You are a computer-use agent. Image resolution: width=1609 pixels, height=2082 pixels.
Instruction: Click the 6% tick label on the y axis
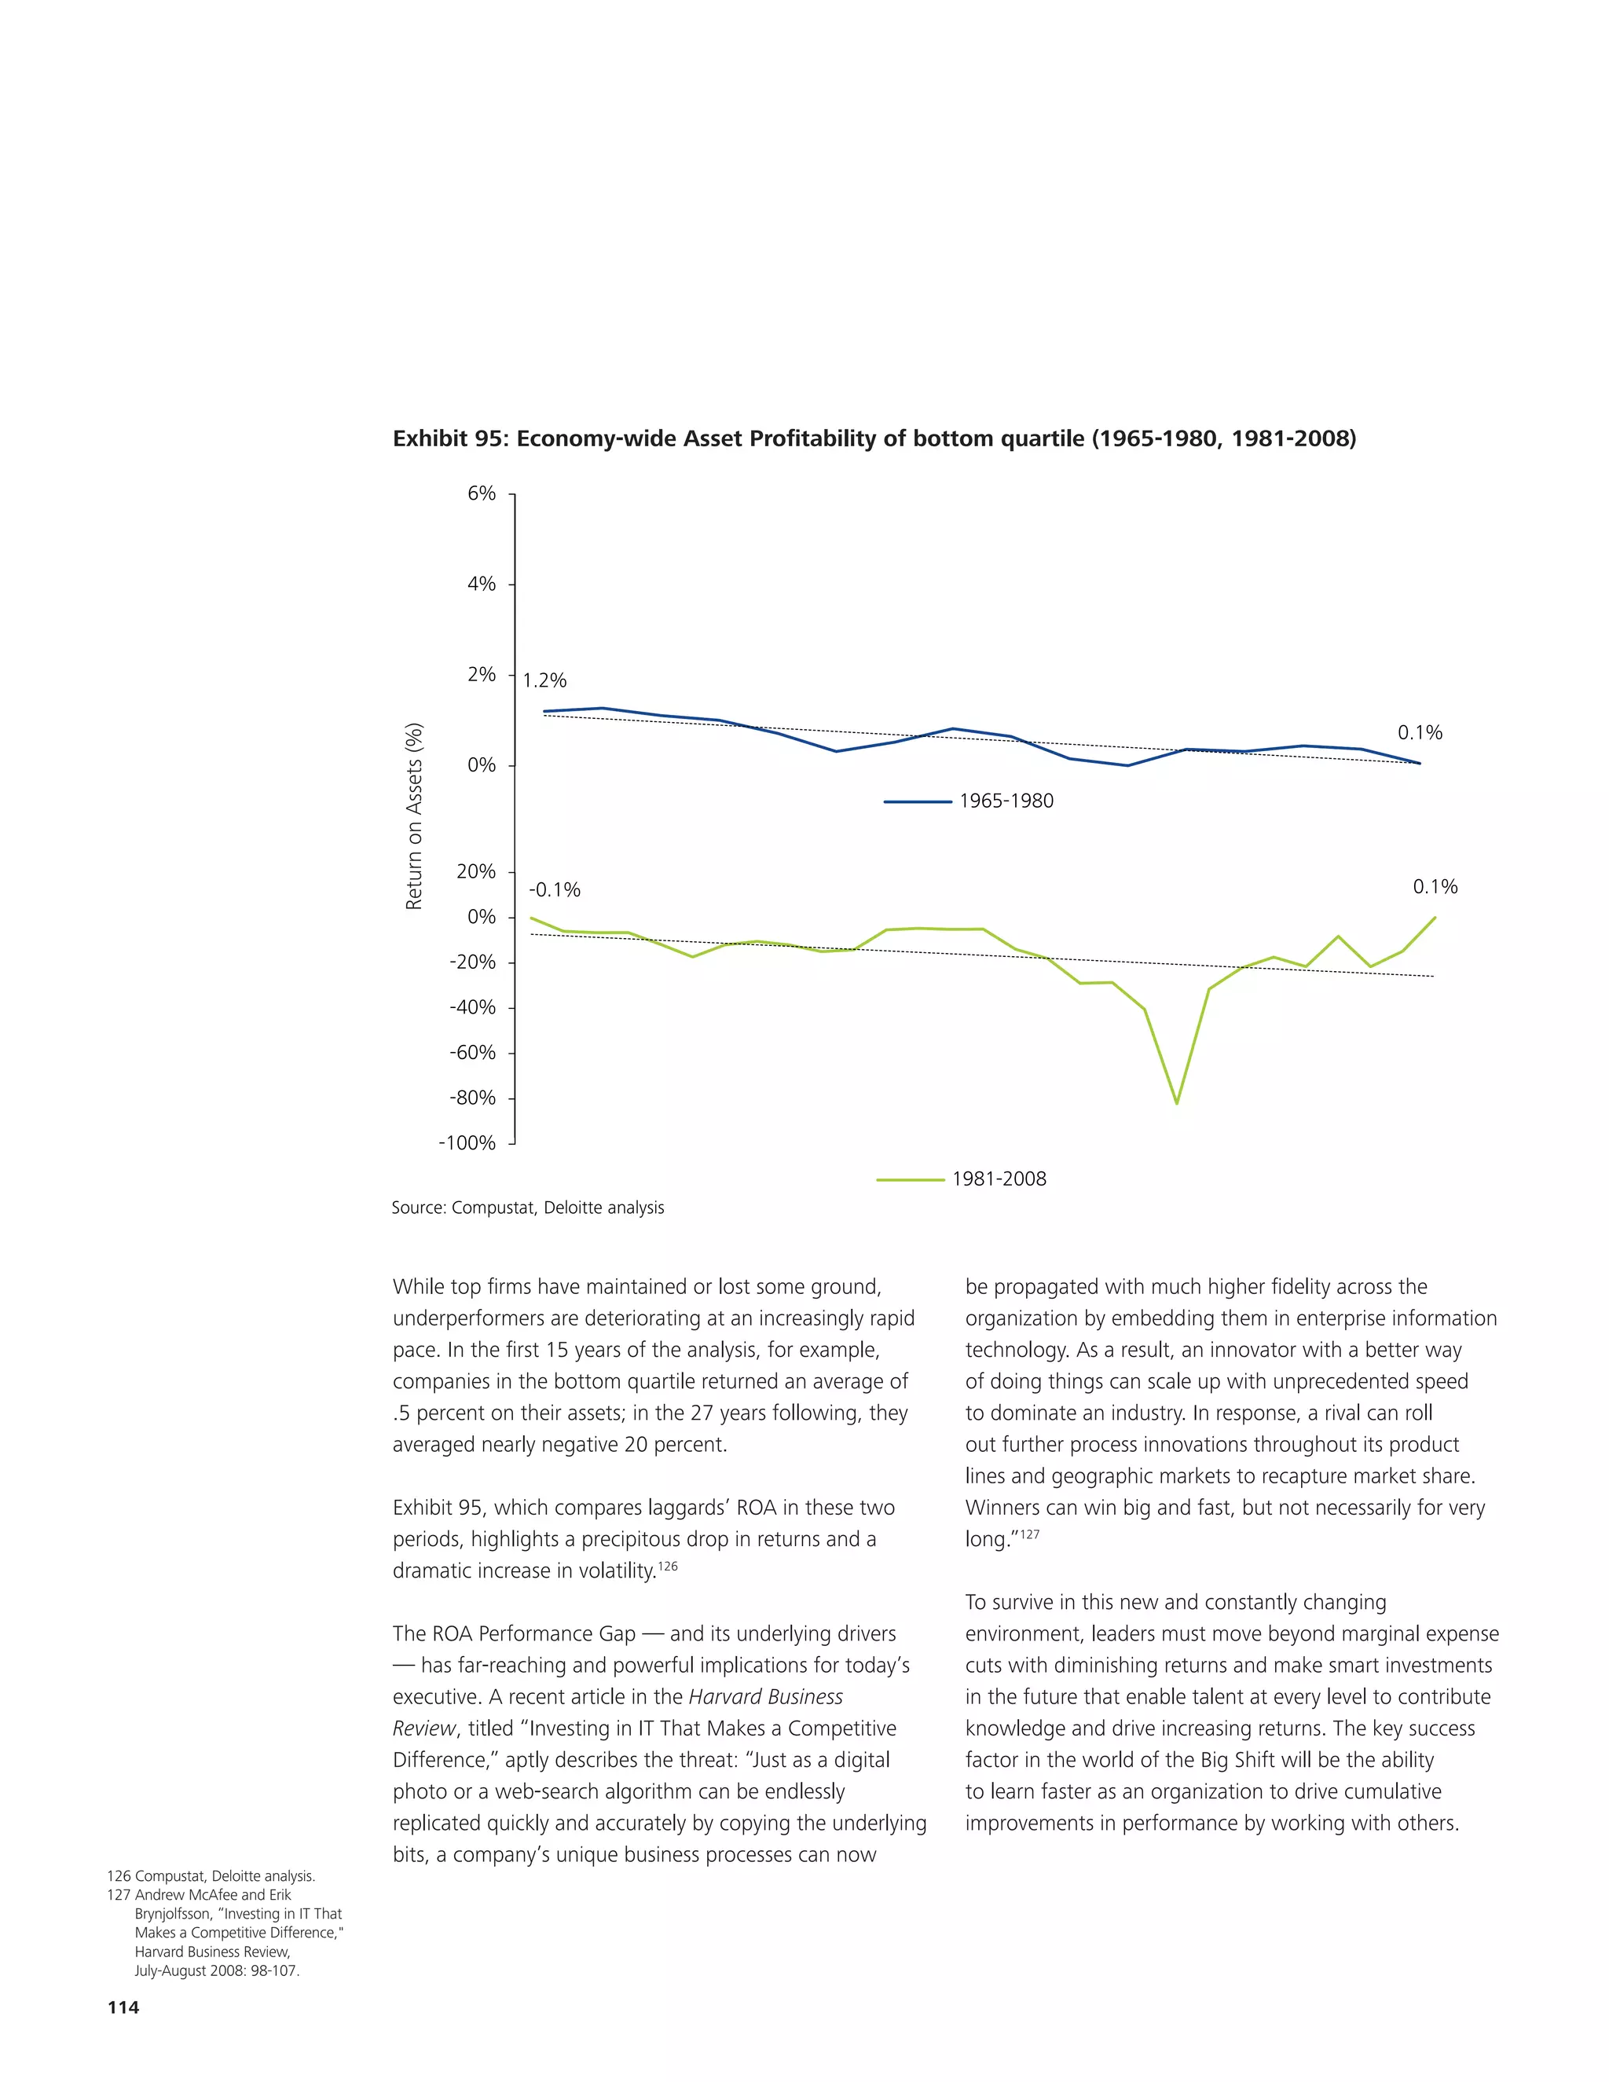[482, 494]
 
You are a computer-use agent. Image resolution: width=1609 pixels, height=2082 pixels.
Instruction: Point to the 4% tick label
[482, 585]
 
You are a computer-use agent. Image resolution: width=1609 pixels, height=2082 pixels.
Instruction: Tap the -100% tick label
[467, 1143]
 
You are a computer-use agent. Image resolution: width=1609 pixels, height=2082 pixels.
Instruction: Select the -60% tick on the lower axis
[472, 1053]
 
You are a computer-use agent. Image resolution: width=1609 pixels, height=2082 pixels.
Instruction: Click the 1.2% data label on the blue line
[544, 680]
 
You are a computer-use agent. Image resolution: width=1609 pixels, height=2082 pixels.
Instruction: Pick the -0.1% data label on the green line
[555, 890]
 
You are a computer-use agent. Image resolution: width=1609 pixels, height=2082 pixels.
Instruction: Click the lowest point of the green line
[1177, 1103]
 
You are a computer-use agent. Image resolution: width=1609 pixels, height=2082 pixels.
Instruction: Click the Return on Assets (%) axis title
[414, 817]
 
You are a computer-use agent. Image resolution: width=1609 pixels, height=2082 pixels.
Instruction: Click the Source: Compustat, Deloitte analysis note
[527, 1208]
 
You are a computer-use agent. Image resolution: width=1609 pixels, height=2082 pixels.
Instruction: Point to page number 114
[123, 2007]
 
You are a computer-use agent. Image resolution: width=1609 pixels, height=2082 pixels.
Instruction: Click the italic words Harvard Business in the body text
[765, 1697]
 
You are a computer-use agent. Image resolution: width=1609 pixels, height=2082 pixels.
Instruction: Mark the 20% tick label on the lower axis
[477, 872]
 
